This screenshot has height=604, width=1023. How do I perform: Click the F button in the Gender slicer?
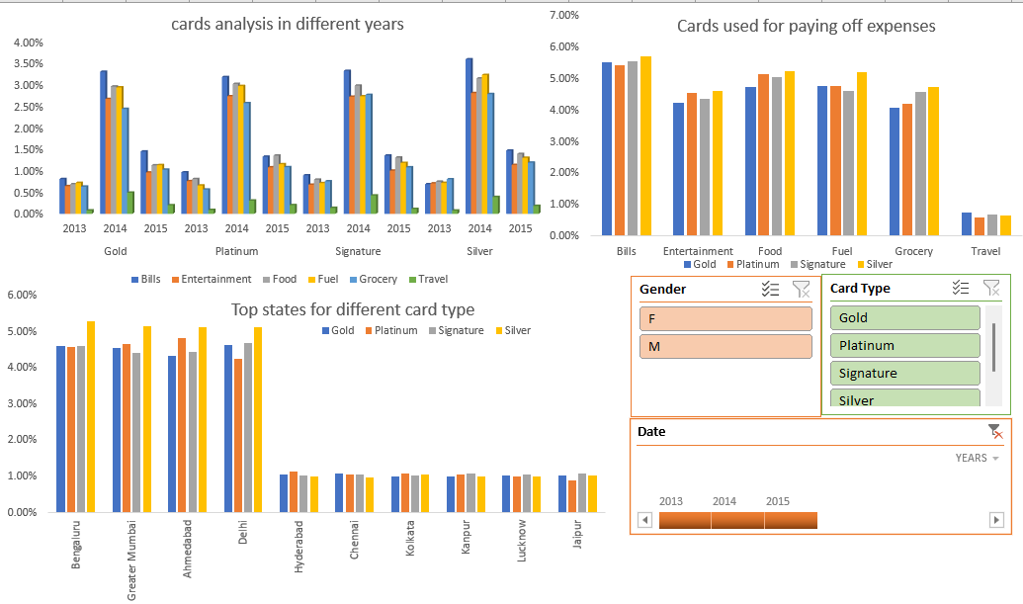[725, 318]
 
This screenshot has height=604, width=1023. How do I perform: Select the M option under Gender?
[725, 346]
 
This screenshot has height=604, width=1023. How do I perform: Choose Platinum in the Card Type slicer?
[904, 345]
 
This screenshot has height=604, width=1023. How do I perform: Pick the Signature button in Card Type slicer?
[904, 373]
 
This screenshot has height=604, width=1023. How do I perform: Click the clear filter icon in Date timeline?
[995, 431]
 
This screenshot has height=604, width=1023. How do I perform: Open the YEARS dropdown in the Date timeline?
[977, 458]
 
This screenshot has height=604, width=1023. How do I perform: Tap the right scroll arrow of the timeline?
[996, 520]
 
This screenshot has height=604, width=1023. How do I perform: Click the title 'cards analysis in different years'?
[288, 24]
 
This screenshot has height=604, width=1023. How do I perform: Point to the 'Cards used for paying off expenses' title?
[806, 26]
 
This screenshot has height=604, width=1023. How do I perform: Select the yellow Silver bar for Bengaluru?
[91, 416]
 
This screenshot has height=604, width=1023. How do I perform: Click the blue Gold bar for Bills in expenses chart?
[607, 148]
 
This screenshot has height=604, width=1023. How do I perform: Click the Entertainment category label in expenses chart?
[698, 251]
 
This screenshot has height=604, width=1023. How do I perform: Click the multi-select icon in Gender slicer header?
[771, 290]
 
